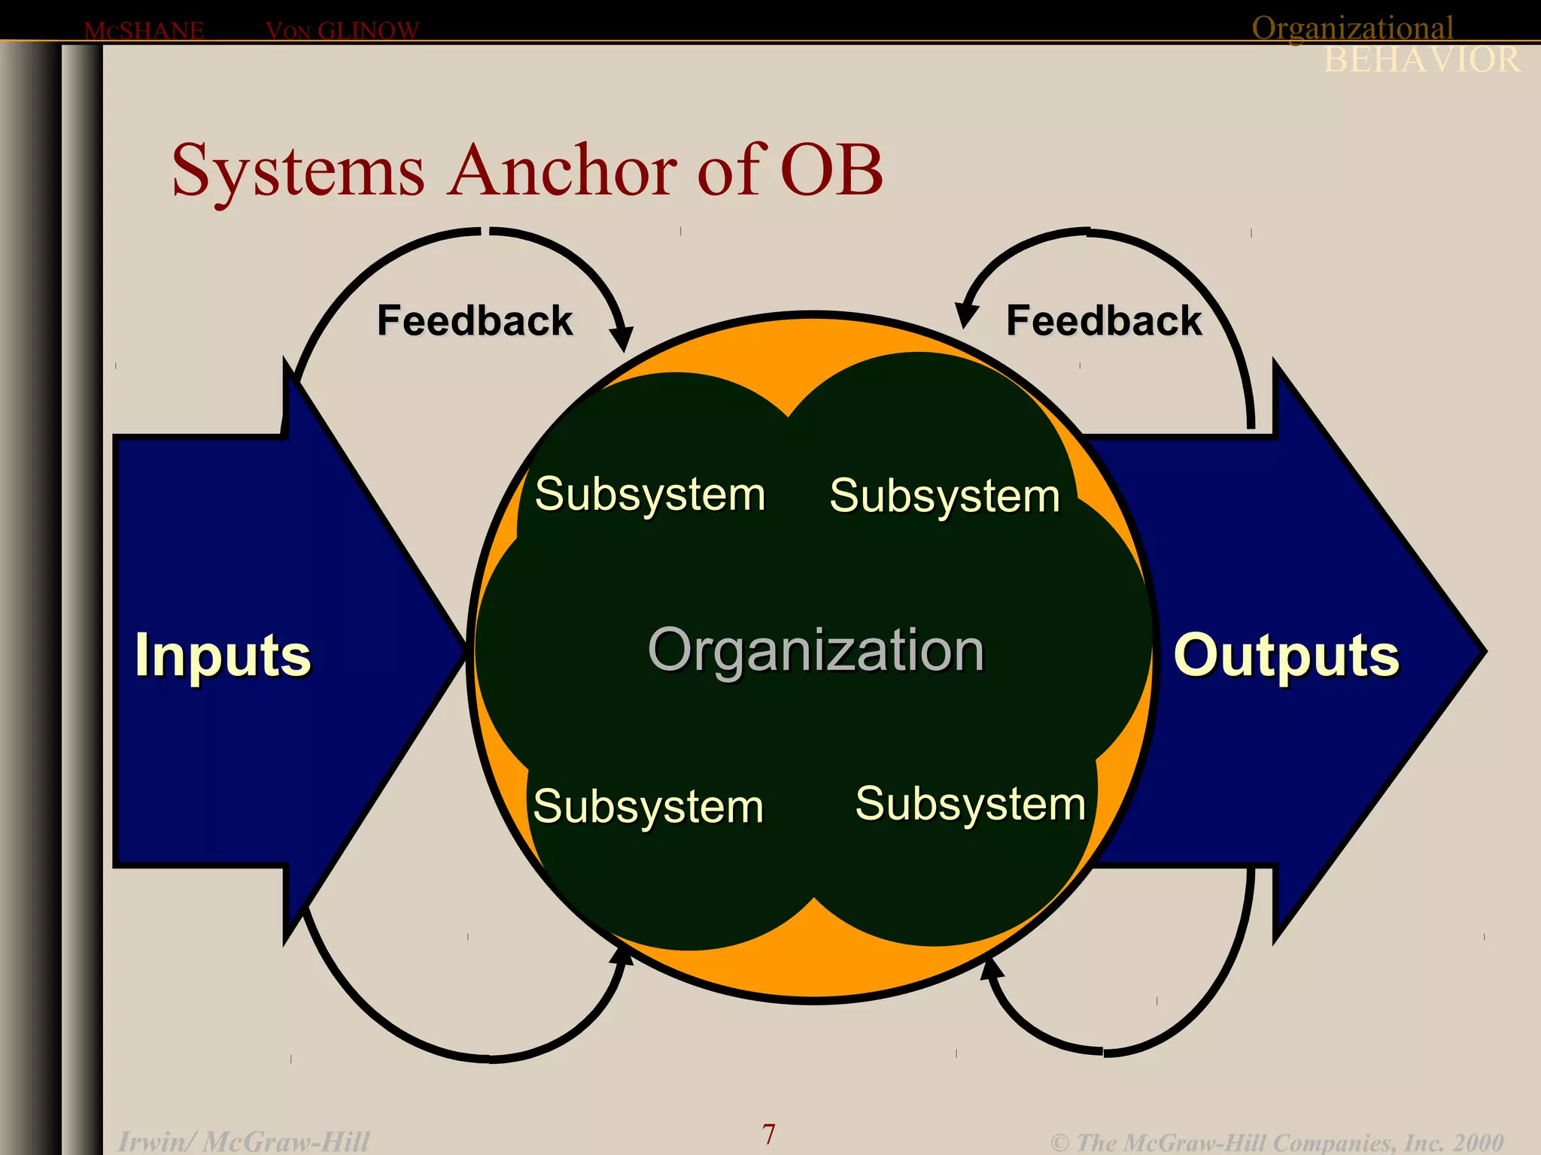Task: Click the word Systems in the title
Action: (298, 171)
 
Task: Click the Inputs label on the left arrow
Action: (223, 655)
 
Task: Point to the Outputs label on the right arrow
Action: (1286, 655)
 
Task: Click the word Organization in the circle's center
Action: (816, 650)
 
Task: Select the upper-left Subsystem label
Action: (650, 494)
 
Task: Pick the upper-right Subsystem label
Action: (945, 496)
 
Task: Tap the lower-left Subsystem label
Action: (649, 806)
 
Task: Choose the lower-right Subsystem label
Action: (971, 803)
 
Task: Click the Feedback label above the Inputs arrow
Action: (475, 320)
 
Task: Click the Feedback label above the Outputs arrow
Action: (1104, 320)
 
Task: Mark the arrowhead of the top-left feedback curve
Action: (622, 338)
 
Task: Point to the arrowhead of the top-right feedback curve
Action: (965, 315)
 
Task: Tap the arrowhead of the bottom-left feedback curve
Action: (622, 956)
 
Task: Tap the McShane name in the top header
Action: (144, 31)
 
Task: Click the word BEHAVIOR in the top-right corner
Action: (1421, 60)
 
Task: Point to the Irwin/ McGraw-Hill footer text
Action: (244, 1141)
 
